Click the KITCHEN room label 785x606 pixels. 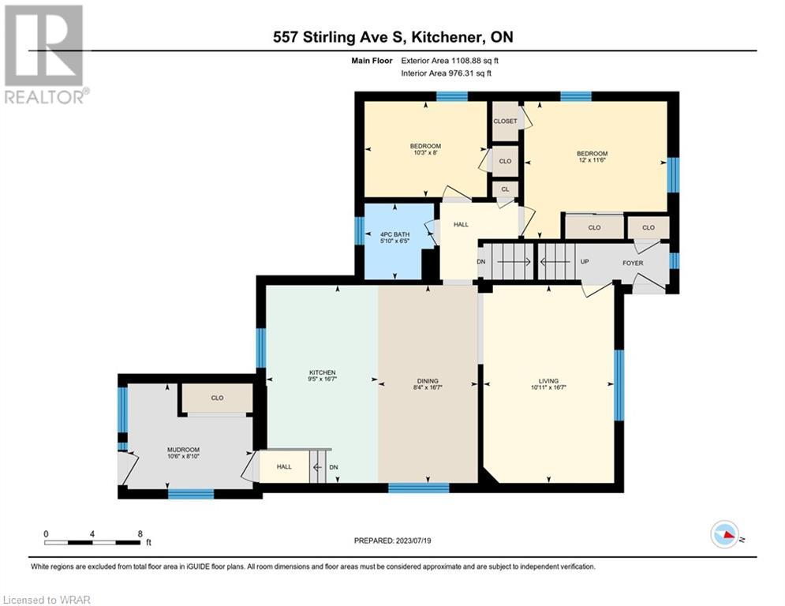pos(323,372)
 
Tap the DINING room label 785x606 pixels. pos(428,380)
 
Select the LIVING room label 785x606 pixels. pos(548,380)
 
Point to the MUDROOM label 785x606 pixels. pos(183,450)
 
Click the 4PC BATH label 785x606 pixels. pos(395,234)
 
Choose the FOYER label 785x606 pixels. pos(633,263)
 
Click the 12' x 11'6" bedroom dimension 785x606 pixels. pos(592,160)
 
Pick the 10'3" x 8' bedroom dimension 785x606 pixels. pos(425,153)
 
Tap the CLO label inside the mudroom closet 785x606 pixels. pos(217,398)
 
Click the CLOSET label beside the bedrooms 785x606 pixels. pos(505,122)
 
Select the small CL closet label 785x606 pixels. pos(505,189)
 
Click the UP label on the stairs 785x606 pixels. pos(585,262)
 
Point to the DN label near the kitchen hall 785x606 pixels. pos(334,467)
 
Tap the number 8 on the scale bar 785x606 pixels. pos(140,534)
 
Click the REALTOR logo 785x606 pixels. pos(44,54)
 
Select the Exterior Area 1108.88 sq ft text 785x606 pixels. pos(450,61)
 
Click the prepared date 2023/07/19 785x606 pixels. pos(413,541)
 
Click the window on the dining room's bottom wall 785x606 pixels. pos(418,488)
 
